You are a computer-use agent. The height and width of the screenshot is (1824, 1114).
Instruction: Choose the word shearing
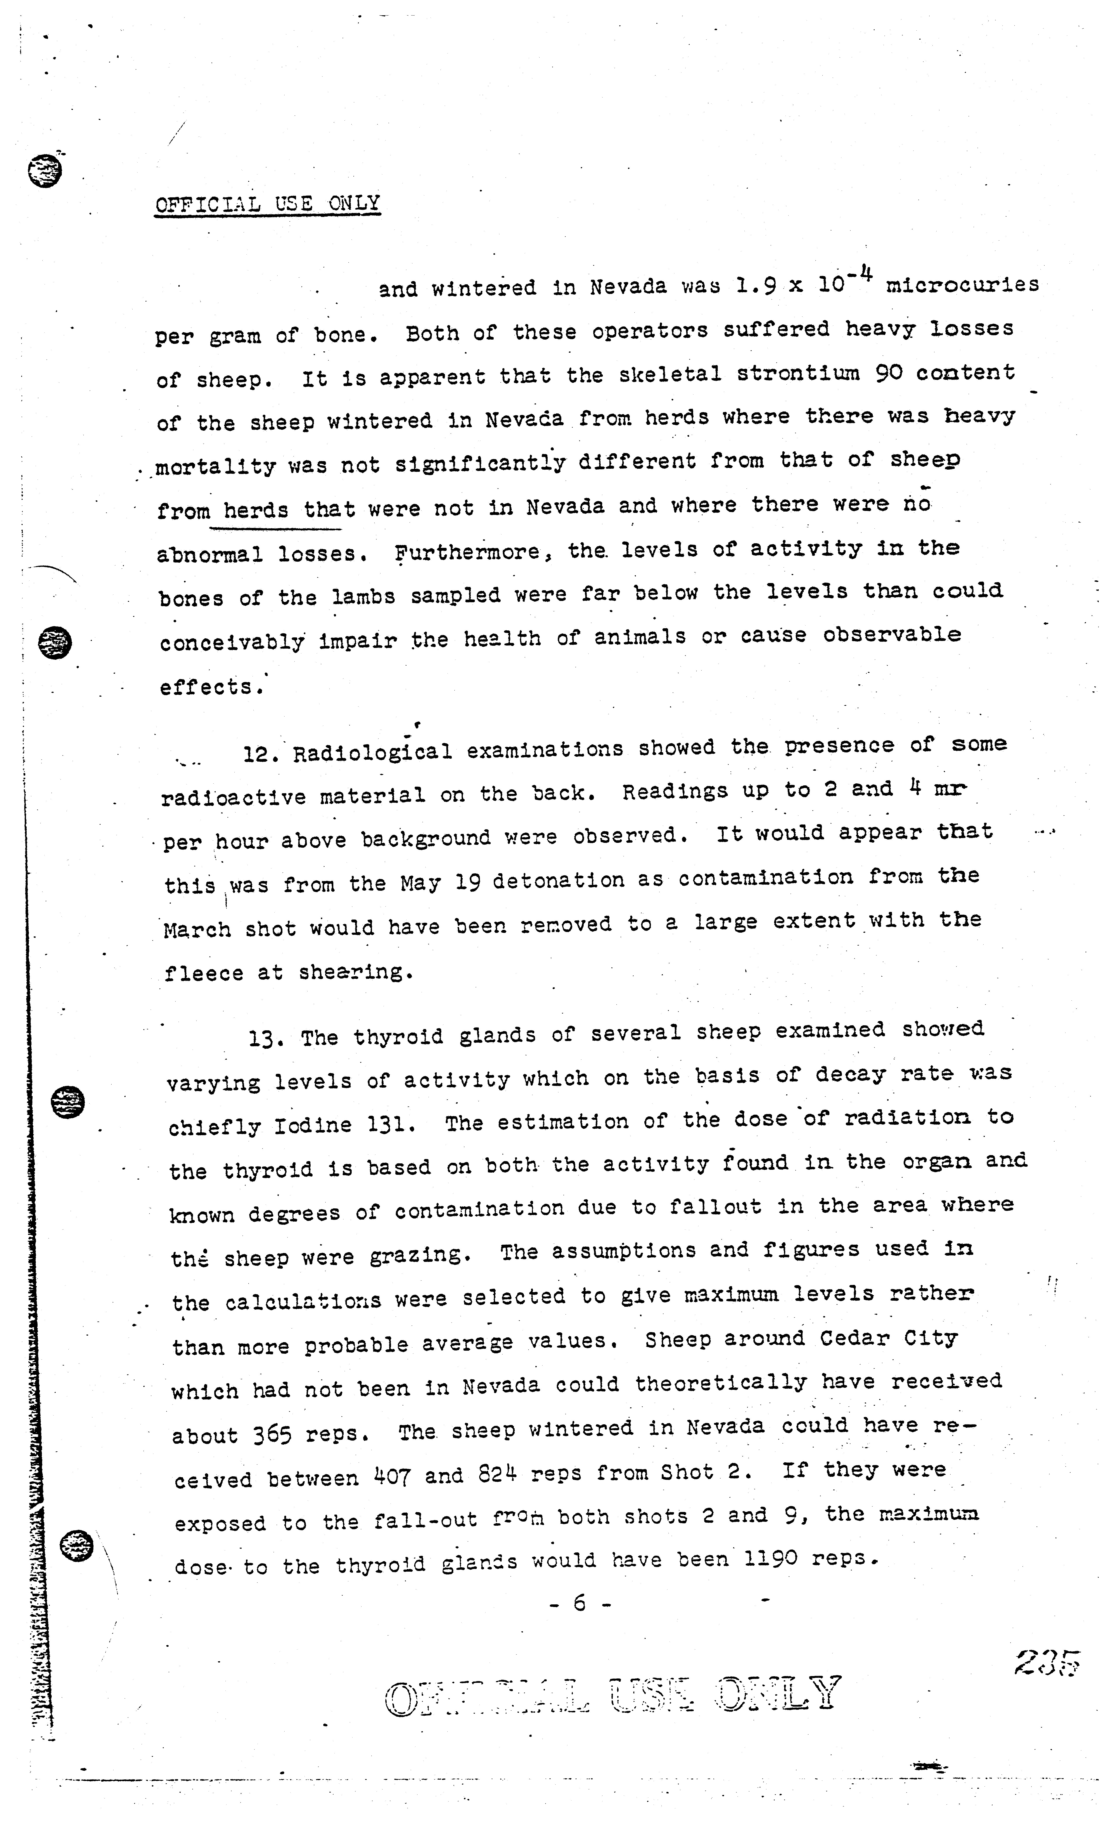coord(355,971)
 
